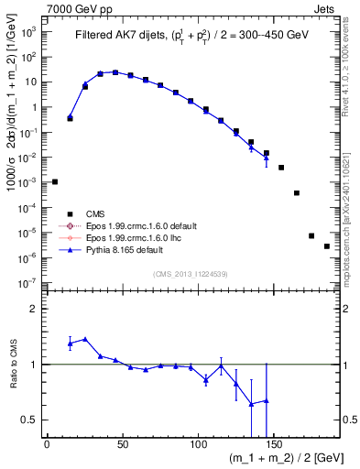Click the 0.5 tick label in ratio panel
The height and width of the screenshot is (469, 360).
tap(29, 420)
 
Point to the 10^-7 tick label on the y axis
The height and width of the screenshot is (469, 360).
tap(27, 284)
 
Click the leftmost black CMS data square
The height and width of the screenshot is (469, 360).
tap(55, 181)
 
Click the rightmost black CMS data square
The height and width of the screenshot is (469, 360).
tap(327, 246)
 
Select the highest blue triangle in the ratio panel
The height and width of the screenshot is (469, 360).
tap(85, 339)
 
